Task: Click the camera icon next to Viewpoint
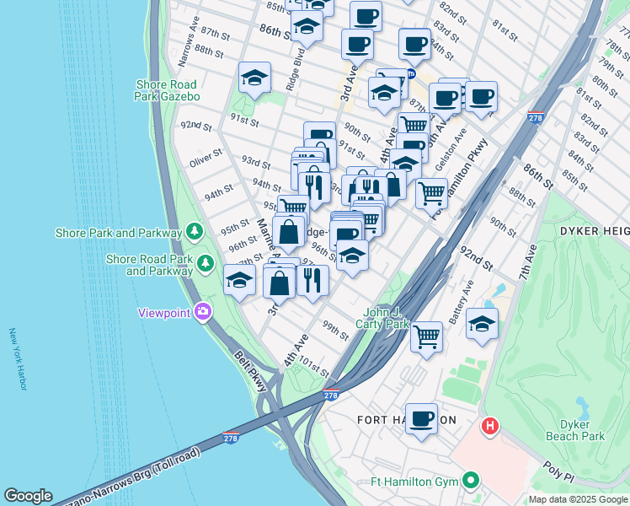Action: [202, 313]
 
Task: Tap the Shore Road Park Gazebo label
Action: [166, 90]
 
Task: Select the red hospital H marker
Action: [489, 427]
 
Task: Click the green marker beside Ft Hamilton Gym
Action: [470, 482]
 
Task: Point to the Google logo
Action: [28, 496]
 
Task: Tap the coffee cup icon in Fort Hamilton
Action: [421, 418]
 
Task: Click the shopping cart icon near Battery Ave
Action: [427, 337]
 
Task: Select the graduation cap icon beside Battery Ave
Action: [482, 324]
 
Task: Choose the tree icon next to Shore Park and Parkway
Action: [195, 231]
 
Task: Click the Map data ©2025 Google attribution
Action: [578, 499]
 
